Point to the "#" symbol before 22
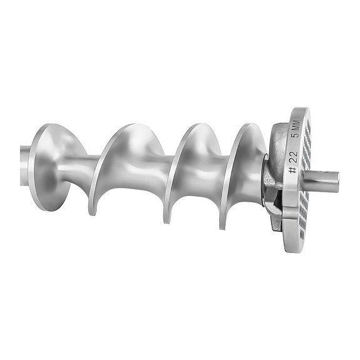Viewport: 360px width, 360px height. pyautogui.click(x=292, y=171)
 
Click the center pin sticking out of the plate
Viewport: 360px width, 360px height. pyautogui.click(x=322, y=182)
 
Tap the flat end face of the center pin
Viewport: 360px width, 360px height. pyautogui.click(x=336, y=182)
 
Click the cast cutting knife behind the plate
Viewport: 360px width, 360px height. pyautogui.click(x=270, y=188)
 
